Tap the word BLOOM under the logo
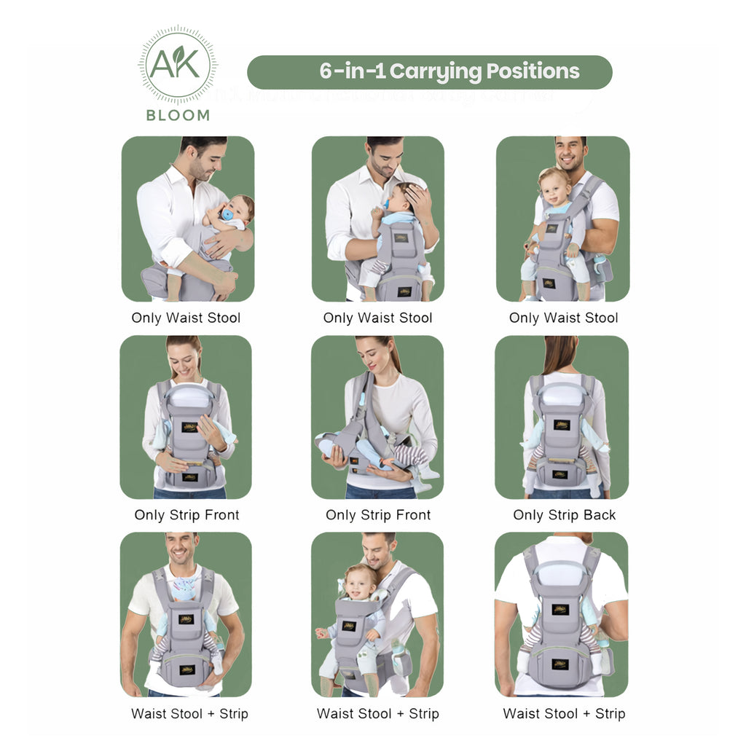178,115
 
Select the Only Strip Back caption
564,515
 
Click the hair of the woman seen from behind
559,354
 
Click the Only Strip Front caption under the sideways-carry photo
378,515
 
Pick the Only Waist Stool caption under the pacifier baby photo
186,318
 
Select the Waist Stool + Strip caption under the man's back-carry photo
564,714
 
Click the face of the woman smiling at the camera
184,359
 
